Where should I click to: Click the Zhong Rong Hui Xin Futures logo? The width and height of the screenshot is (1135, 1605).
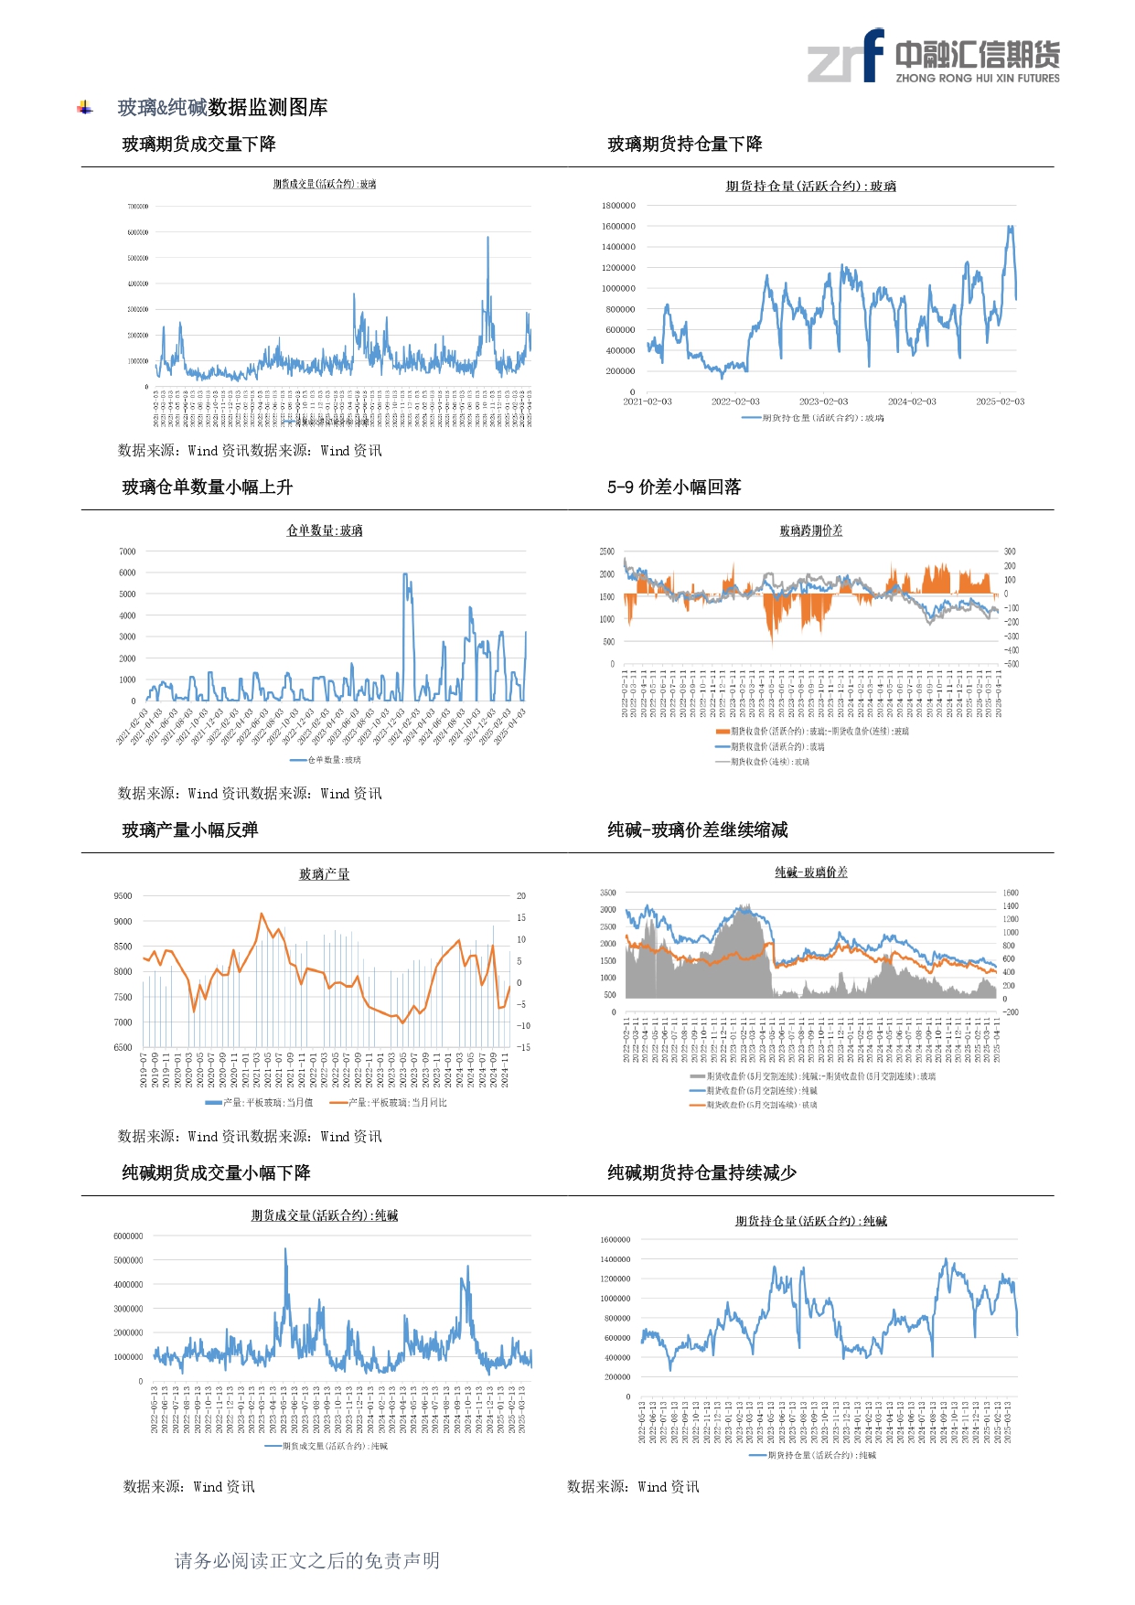(933, 57)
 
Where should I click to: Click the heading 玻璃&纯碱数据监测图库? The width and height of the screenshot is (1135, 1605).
(222, 108)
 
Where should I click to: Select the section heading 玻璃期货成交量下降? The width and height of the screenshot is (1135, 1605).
(198, 144)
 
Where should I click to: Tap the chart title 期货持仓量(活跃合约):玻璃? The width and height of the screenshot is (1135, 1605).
(810, 187)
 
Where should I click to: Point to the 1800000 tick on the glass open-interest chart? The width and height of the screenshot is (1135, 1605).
(618, 206)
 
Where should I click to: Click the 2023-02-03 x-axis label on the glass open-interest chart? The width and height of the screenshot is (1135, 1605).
(823, 401)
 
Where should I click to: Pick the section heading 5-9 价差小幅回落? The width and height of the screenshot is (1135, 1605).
(674, 487)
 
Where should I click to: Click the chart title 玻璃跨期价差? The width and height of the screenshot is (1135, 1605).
(810, 530)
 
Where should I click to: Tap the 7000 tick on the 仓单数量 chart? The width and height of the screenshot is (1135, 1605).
(127, 551)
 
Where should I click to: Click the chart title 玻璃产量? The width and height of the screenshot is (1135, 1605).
(325, 874)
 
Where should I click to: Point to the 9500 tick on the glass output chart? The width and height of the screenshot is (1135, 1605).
(123, 896)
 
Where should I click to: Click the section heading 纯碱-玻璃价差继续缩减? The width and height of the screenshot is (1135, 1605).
(697, 830)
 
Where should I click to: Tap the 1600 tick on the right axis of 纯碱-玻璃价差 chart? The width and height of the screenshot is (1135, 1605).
(1011, 893)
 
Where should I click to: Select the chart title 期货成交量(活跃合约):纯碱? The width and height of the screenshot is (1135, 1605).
(325, 1215)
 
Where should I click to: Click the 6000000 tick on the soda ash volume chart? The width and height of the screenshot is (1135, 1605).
(128, 1236)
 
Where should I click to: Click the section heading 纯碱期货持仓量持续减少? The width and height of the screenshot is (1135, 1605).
(701, 1173)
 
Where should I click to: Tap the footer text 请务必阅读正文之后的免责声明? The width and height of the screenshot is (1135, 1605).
(307, 1561)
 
